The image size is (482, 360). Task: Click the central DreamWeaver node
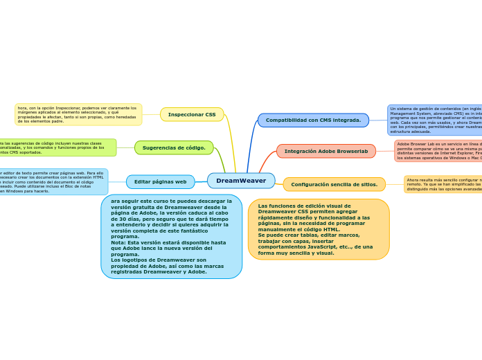tap(241, 181)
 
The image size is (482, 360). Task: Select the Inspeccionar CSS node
tap(192, 114)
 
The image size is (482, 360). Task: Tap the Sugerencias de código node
tap(174, 147)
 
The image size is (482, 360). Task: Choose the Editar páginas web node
tap(160, 182)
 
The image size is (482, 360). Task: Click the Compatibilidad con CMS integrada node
tap(313, 120)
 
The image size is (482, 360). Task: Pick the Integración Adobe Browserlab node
tap(325, 151)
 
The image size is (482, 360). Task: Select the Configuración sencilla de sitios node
tap(334, 184)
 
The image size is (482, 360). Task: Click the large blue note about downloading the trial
tap(171, 236)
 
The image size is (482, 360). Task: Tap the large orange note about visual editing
tap(318, 229)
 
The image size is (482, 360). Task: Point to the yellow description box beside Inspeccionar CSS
tap(78, 114)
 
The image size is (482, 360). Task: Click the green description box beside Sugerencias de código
tap(58, 147)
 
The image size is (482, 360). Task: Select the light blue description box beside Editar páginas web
tap(53, 181)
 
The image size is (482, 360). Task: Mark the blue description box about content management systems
tap(435, 120)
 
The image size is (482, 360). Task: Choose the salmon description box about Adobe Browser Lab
tap(438, 151)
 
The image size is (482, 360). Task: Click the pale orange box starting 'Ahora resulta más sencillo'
tap(443, 184)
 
